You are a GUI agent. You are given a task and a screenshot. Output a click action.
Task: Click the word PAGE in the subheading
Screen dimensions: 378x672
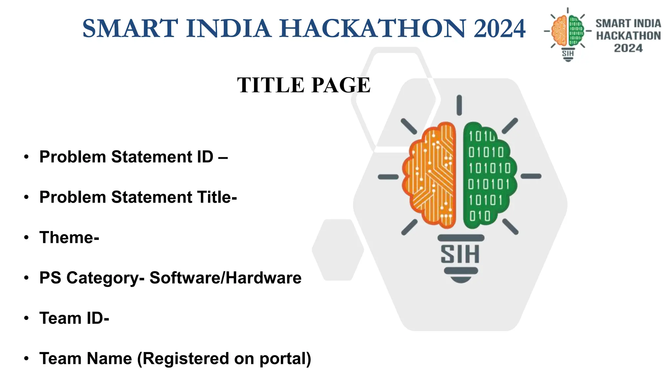tap(341, 85)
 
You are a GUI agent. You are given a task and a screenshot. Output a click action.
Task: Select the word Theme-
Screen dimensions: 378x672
tap(69, 238)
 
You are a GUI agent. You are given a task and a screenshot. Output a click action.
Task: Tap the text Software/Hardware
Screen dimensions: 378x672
tap(225, 278)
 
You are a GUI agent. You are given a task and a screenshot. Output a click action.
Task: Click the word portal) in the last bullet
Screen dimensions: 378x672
tap(285, 359)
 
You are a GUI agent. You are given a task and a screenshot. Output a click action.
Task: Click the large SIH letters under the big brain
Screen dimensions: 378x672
tap(460, 254)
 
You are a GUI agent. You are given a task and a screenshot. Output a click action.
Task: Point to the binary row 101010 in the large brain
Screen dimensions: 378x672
tap(489, 168)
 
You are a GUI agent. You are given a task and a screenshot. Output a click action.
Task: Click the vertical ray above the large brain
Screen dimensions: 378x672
tap(459, 105)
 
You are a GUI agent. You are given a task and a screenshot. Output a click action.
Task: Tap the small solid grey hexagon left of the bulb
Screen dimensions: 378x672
tap(338, 250)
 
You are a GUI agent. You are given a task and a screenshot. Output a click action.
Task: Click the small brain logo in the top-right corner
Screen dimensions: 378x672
tap(568, 31)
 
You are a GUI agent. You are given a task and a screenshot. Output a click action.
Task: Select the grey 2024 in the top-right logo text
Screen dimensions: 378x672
tap(628, 48)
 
